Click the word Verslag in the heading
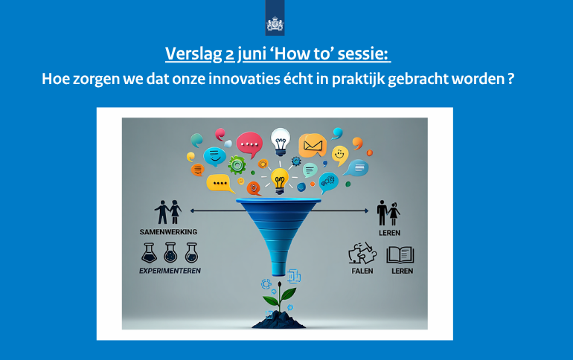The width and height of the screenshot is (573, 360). (193, 54)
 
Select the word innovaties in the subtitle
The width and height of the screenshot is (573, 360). (244, 79)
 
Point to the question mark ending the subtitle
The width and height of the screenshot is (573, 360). (510, 79)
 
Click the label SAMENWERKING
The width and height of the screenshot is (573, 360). (168, 232)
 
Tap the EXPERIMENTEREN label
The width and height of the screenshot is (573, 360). (170, 271)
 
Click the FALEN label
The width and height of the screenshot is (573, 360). (362, 271)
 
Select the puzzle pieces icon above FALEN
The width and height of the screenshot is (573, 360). (362, 253)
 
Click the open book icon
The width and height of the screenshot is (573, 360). (400, 254)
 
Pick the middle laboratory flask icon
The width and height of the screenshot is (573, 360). (170, 253)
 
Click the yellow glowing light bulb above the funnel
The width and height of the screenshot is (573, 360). (280, 181)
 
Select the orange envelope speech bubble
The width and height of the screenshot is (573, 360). (313, 145)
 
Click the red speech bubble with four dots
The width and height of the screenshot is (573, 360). (249, 144)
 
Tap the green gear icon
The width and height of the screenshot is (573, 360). (237, 165)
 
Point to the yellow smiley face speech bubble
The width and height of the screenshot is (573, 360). (340, 155)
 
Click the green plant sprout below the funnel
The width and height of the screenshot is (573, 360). (280, 297)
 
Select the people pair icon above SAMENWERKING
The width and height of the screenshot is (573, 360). (168, 212)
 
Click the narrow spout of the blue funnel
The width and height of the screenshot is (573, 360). (279, 265)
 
